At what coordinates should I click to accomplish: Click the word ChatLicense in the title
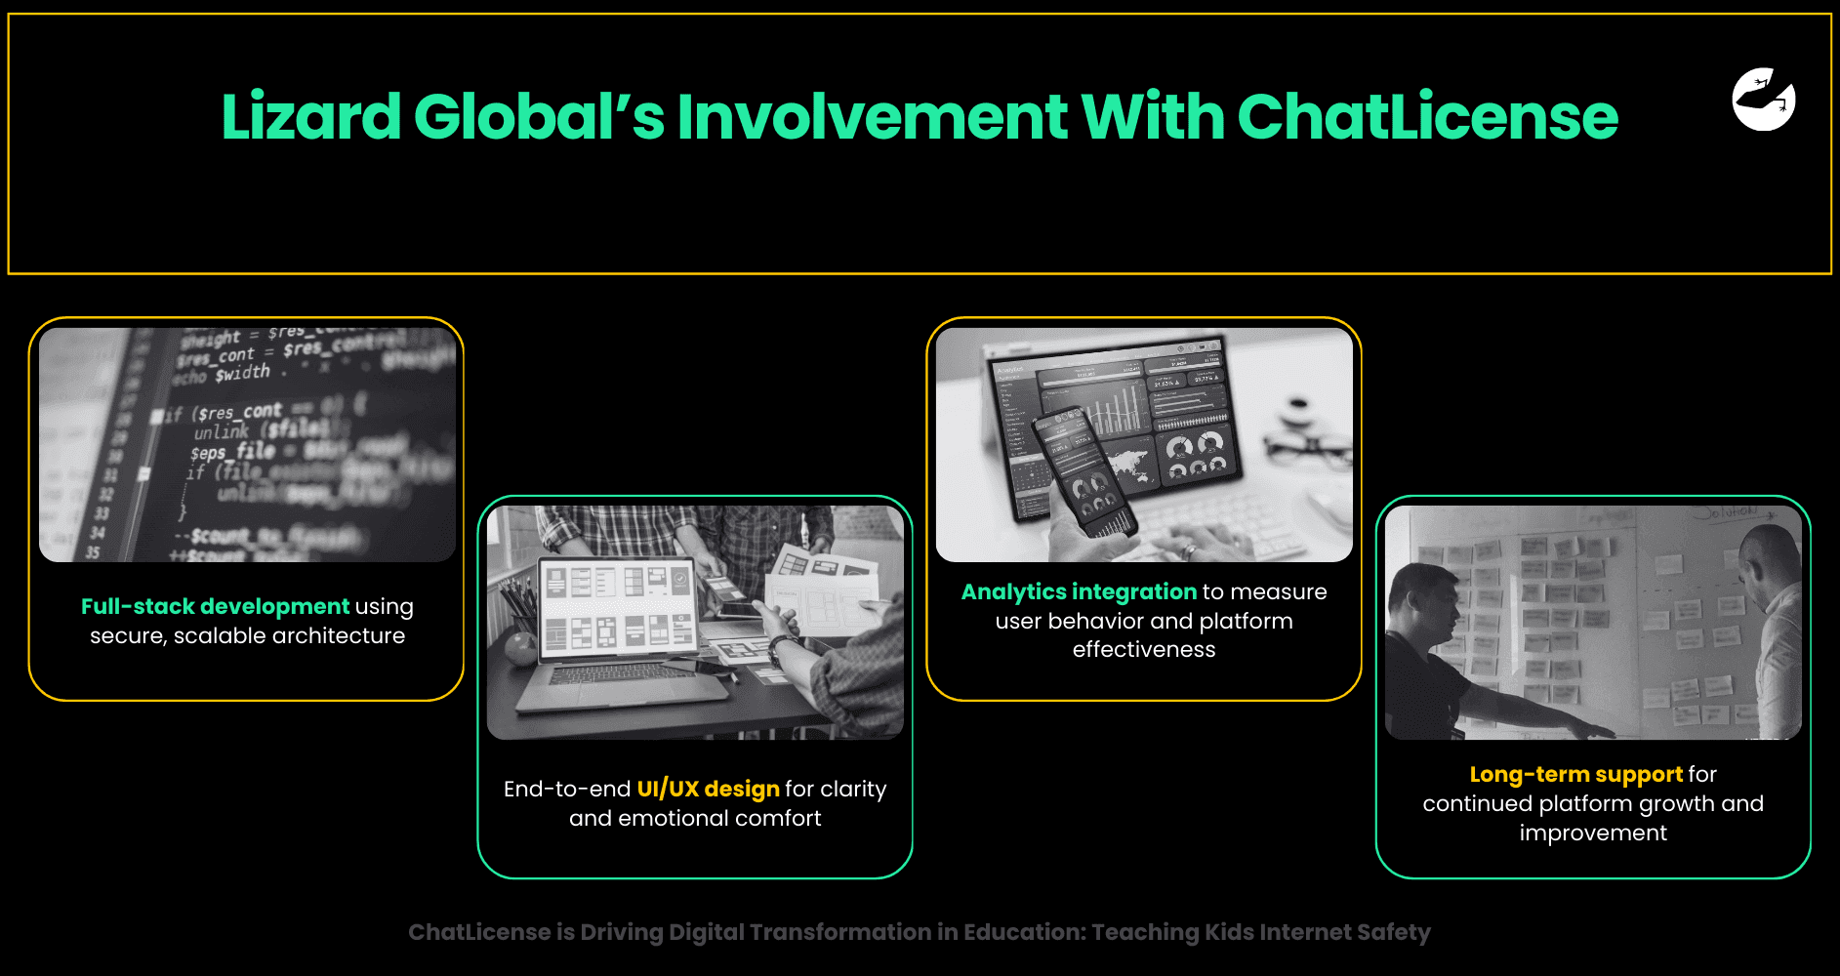point(1427,117)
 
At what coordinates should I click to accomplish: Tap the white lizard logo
point(1763,100)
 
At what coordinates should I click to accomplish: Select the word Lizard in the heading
point(310,117)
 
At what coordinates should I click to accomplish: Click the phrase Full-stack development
point(215,606)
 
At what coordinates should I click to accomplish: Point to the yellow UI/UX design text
point(708,789)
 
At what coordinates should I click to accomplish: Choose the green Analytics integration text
point(1079,591)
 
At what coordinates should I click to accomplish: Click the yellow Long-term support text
point(1575,774)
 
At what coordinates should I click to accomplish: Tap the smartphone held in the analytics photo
point(1084,468)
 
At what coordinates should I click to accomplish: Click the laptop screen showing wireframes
point(617,606)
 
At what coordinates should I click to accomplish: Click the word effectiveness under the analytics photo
point(1144,649)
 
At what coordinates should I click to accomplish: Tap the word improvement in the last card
point(1593,833)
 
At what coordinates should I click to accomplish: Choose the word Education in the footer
point(1022,932)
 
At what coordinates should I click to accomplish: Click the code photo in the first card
point(247,445)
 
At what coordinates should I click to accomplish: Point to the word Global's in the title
point(538,117)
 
